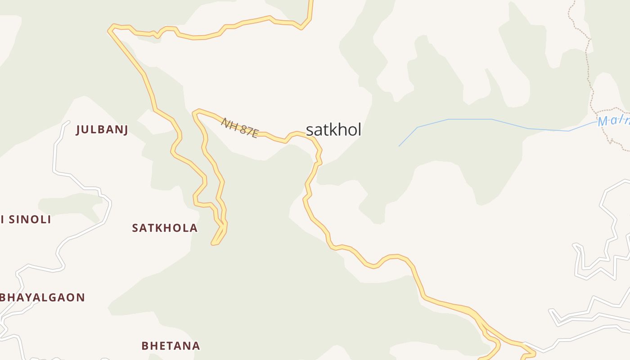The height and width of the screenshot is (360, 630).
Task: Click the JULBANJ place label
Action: coord(102,130)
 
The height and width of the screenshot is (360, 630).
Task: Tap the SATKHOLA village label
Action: coord(165,228)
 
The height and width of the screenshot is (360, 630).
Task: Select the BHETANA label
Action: coord(171,346)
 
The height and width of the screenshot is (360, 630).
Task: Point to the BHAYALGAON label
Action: coord(43,297)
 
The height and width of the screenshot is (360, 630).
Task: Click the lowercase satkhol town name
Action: coord(333,130)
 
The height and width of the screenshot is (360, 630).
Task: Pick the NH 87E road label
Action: coord(239,127)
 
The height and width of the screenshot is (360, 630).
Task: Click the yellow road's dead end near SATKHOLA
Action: coord(214,244)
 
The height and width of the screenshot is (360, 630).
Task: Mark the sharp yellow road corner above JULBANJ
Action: coord(109,30)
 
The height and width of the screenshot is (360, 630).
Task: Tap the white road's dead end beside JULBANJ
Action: coord(68,121)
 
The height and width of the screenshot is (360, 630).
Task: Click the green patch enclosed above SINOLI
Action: coord(67,205)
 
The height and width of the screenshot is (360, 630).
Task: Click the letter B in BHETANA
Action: coord(145,346)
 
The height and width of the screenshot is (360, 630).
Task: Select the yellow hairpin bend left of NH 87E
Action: coord(195,112)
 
